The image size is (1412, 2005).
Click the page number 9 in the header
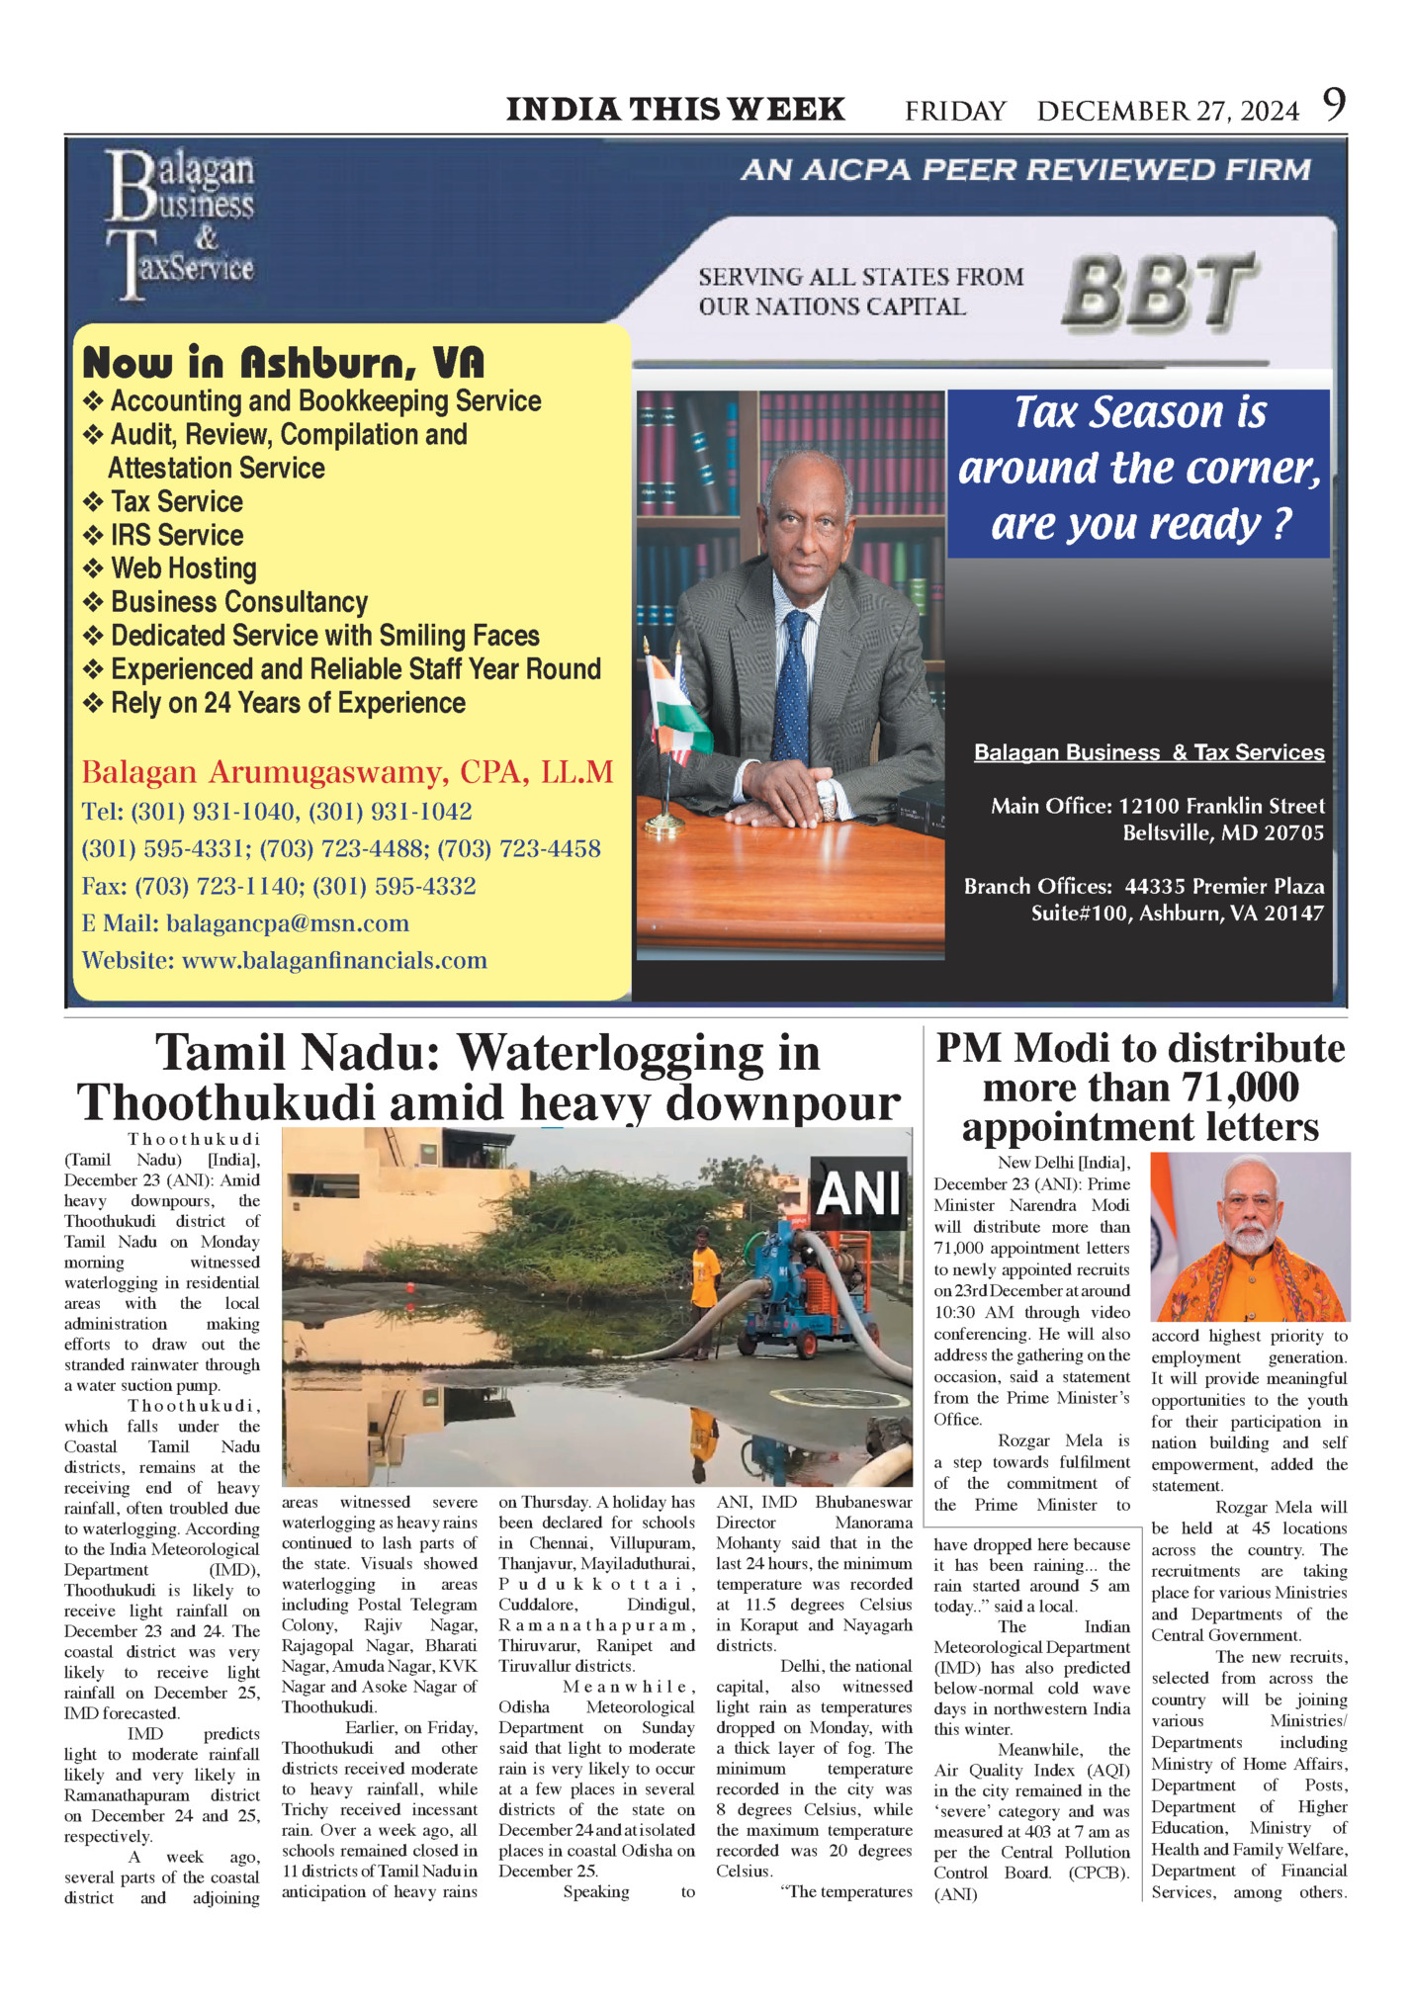click(1334, 105)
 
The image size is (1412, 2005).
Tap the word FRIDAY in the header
click(955, 111)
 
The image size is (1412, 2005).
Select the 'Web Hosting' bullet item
click(183, 568)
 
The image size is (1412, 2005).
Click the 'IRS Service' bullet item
click(176, 535)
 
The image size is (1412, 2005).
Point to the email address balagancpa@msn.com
click(288, 923)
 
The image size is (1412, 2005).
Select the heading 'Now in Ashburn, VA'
click(284, 363)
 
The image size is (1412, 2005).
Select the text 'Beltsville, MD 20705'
click(1222, 832)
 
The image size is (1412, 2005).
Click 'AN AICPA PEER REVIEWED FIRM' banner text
click(1025, 170)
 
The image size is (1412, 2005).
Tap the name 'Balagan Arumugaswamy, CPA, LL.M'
click(347, 771)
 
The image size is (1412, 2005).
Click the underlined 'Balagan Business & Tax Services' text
click(1149, 752)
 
